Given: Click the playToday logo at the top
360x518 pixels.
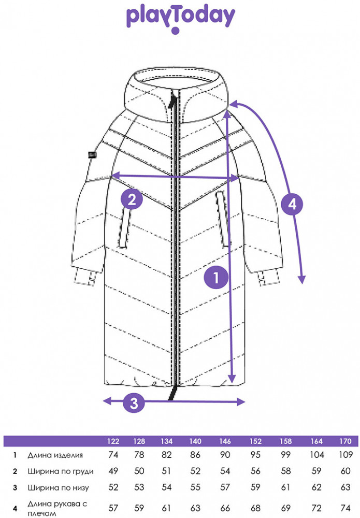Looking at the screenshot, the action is click(x=180, y=19).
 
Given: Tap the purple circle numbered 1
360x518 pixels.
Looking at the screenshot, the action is click(x=217, y=278).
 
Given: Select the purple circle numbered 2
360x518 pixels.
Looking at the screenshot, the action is click(x=132, y=199).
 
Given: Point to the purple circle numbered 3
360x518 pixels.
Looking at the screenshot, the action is click(x=134, y=402).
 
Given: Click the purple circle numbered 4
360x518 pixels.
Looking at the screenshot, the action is click(x=293, y=204).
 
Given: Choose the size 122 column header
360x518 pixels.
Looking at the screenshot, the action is click(x=113, y=441).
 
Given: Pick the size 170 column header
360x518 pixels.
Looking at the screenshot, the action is click(x=345, y=441).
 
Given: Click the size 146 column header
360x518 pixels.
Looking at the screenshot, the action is click(x=225, y=441).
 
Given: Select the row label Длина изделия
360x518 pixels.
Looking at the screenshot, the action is click(x=55, y=455).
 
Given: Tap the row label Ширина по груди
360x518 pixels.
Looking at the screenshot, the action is click(x=61, y=471).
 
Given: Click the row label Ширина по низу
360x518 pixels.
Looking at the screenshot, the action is click(x=58, y=487).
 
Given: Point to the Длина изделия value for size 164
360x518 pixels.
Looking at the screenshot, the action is click(x=316, y=455).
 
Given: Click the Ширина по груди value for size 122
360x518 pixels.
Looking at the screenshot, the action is click(x=113, y=471).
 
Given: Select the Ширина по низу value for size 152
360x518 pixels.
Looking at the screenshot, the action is click(x=255, y=487).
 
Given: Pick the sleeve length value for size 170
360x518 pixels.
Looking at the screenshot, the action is click(x=345, y=508).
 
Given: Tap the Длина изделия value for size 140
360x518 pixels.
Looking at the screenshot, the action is click(x=195, y=455).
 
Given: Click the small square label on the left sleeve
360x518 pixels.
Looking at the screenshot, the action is click(x=92, y=154).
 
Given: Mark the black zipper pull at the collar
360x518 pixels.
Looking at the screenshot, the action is click(x=172, y=100).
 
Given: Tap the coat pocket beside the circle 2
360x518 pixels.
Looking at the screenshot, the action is click(x=124, y=227).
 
